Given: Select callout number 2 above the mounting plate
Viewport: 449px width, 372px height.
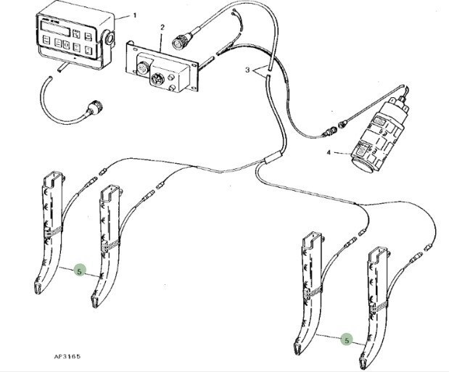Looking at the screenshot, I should [162, 28].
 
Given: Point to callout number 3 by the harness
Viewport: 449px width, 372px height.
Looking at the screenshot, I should [248, 71].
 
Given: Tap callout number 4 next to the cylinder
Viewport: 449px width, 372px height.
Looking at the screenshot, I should [329, 153].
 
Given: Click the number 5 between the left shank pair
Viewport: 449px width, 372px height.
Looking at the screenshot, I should [81, 270].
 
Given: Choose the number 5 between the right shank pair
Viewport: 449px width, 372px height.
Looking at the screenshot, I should [346, 339].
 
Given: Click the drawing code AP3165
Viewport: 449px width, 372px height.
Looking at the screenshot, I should [67, 357].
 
